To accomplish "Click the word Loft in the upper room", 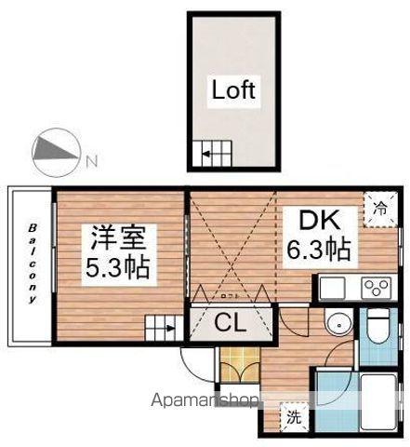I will tap(233, 91).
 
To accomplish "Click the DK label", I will tap(322, 222).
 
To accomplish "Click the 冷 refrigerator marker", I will tap(379, 208).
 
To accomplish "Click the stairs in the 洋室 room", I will tap(160, 326).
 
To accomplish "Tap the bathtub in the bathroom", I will tap(376, 401).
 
